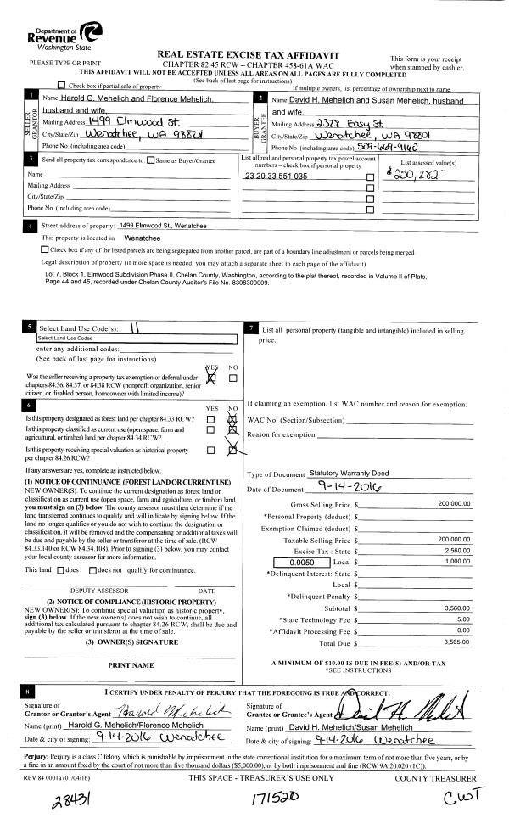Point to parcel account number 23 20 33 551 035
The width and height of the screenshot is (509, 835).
point(277,177)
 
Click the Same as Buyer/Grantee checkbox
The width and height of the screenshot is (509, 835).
point(150,160)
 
